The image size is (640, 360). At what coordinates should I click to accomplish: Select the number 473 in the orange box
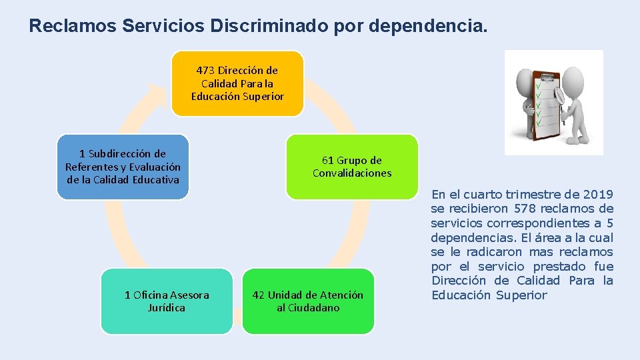(x=205, y=70)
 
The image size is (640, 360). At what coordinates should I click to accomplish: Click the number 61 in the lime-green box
(x=328, y=160)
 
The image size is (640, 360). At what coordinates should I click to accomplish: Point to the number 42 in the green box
(x=259, y=295)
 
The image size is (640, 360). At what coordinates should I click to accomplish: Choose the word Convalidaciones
(x=352, y=173)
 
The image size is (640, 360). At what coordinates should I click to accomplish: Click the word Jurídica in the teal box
(x=167, y=308)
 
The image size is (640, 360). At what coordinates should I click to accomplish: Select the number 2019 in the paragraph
(x=597, y=195)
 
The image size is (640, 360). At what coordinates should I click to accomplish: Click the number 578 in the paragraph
(x=515, y=209)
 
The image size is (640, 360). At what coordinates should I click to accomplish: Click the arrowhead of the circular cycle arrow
(x=157, y=93)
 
